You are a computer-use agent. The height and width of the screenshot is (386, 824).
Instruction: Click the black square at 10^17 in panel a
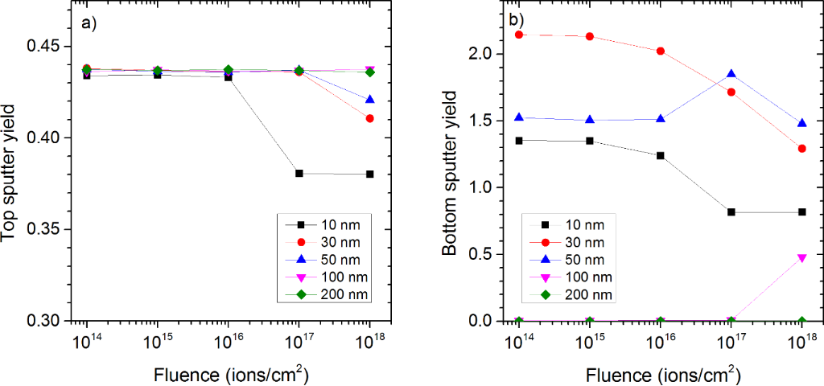(x=299, y=174)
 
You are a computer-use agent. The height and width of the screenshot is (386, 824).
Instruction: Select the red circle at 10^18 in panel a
(x=370, y=118)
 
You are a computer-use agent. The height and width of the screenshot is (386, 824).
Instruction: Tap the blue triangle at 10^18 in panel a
(x=370, y=100)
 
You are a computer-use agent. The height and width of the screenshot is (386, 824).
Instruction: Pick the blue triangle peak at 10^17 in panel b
(x=731, y=74)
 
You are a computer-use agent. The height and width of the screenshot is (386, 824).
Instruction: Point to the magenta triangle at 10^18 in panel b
(x=801, y=257)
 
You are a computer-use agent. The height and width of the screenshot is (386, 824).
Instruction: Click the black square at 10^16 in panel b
(x=660, y=155)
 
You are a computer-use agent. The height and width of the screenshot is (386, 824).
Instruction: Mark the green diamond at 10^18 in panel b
(x=801, y=321)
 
